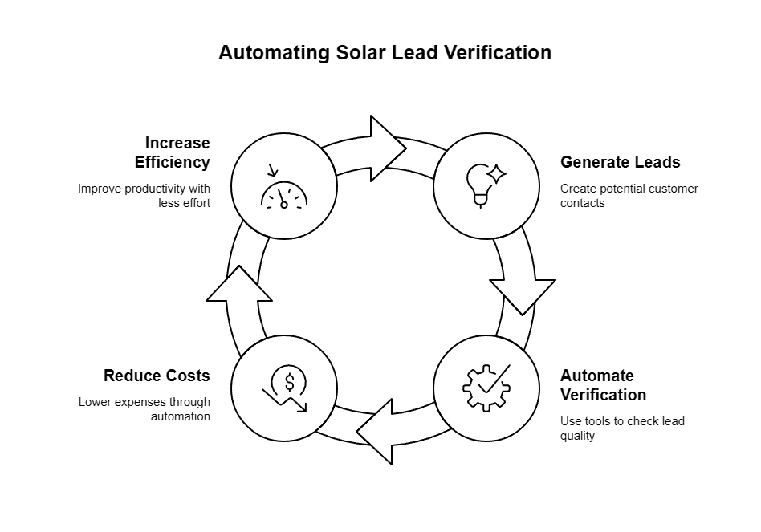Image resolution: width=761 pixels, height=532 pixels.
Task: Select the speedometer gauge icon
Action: pyautogui.click(x=284, y=194)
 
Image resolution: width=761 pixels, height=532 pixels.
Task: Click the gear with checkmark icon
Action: pyautogui.click(x=486, y=388)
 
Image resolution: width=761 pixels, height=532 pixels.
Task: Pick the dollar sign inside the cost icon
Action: pyautogui.click(x=289, y=383)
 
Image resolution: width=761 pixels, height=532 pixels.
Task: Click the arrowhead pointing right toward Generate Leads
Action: pyautogui.click(x=388, y=148)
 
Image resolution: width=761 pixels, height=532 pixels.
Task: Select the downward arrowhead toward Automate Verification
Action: pyautogui.click(x=523, y=297)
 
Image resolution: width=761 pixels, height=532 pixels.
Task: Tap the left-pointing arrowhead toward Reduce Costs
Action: pyautogui.click(x=374, y=432)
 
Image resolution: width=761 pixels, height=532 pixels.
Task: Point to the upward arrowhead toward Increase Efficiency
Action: pyautogui.click(x=239, y=283)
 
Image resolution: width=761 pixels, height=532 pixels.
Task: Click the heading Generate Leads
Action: pyautogui.click(x=621, y=162)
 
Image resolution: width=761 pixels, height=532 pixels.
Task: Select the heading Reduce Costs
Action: pyautogui.click(x=157, y=376)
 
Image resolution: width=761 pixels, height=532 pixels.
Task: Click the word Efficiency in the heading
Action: pyautogui.click(x=173, y=162)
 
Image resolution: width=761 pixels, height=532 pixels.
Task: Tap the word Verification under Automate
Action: pyautogui.click(x=604, y=395)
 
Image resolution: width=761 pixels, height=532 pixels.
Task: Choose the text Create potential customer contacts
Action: pyautogui.click(x=629, y=196)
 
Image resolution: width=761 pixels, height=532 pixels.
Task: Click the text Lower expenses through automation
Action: pyautogui.click(x=144, y=408)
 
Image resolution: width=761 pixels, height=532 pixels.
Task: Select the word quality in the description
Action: pyautogui.click(x=577, y=436)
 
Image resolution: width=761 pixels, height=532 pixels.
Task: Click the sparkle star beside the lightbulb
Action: pyautogui.click(x=496, y=174)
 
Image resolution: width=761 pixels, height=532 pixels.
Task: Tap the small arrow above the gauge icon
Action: pyautogui.click(x=273, y=170)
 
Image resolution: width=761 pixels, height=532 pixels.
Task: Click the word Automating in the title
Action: pyautogui.click(x=275, y=52)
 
